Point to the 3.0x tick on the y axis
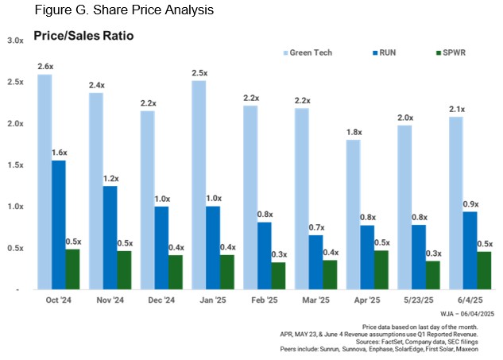(15, 41)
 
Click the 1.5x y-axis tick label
(15, 165)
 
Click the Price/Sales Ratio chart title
(83, 36)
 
